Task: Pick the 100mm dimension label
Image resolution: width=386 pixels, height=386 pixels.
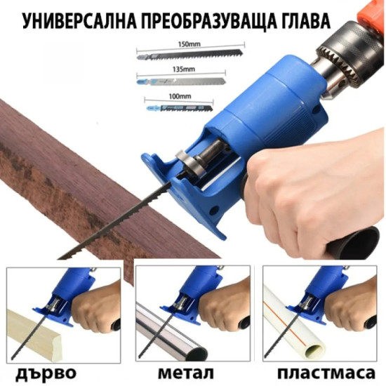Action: tap(180, 96)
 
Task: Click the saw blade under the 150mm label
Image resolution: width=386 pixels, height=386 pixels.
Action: tap(189, 54)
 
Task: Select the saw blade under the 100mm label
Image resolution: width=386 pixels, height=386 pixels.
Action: tap(180, 108)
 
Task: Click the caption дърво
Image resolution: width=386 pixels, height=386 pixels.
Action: tap(46, 373)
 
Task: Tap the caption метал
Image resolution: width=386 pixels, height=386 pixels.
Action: tap(185, 373)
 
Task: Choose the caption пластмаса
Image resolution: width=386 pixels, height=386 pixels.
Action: tap(326, 373)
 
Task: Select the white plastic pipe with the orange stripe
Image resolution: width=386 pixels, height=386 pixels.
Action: tap(293, 328)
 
